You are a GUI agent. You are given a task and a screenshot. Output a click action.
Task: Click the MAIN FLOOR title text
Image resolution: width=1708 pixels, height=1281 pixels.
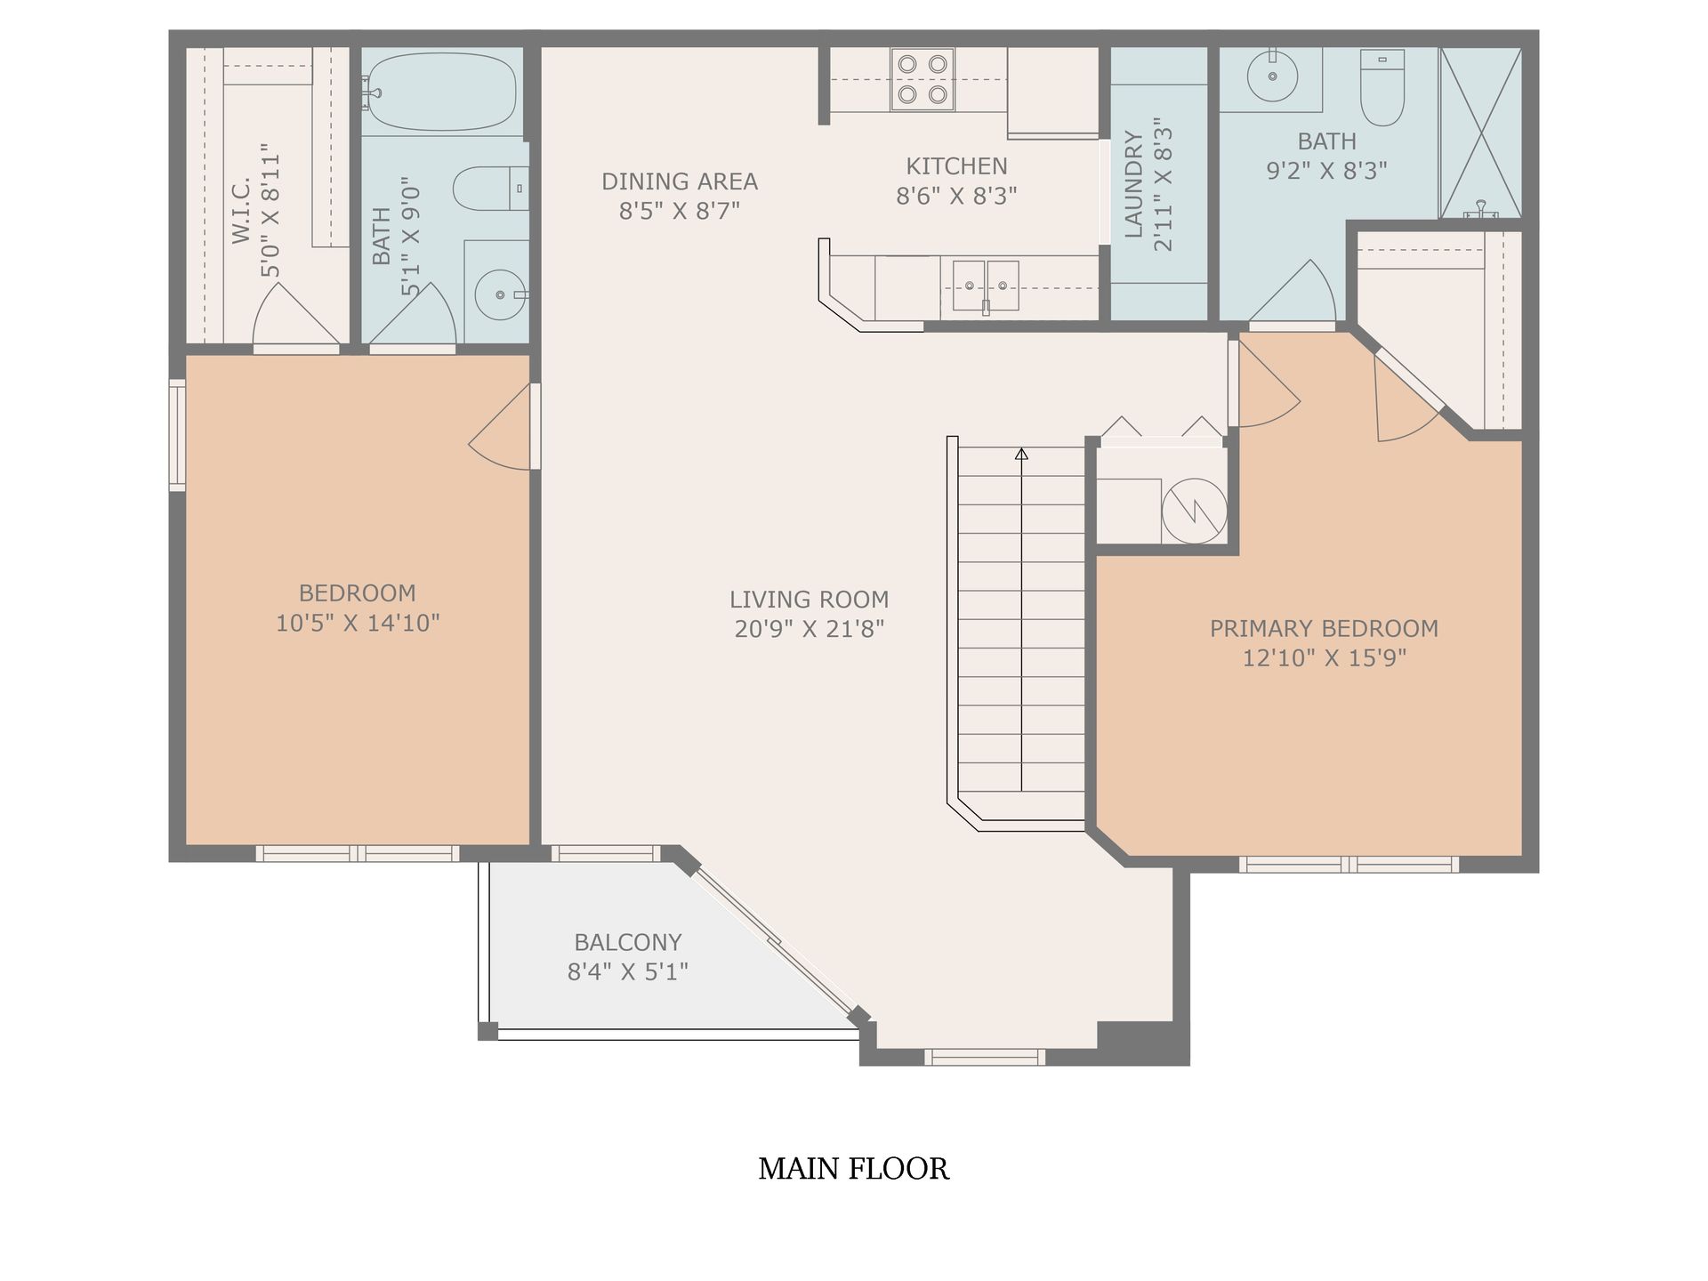(854, 1168)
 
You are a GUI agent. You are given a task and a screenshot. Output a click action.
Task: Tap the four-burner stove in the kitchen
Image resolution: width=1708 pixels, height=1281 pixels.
(922, 79)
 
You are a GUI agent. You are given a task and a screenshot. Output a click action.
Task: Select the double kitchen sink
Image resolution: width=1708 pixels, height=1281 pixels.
(986, 286)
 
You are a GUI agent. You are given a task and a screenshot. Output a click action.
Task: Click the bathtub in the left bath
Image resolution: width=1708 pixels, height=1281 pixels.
(440, 92)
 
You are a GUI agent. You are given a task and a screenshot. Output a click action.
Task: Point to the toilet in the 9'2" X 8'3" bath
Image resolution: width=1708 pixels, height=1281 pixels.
(1382, 87)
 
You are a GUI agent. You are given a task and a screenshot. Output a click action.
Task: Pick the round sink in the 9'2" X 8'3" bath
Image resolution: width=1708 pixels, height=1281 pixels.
(1272, 75)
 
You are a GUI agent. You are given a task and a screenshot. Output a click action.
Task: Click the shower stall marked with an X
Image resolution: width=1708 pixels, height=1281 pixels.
(1480, 133)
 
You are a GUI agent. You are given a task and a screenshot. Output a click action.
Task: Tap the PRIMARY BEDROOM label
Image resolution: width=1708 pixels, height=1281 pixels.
(1324, 628)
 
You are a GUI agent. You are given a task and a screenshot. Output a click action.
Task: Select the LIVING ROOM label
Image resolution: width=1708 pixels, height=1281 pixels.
(810, 599)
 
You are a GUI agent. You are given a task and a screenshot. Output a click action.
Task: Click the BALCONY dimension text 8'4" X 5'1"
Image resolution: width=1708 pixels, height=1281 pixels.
(628, 971)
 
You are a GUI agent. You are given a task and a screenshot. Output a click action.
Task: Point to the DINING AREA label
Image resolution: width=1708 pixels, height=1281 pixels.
(680, 181)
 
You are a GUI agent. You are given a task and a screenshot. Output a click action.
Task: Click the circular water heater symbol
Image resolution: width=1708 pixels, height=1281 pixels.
(1194, 511)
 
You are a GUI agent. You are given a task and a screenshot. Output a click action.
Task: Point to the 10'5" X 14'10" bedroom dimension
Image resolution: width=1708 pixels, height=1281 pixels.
(358, 623)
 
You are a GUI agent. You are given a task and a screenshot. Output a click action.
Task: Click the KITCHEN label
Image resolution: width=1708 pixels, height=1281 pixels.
(956, 165)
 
